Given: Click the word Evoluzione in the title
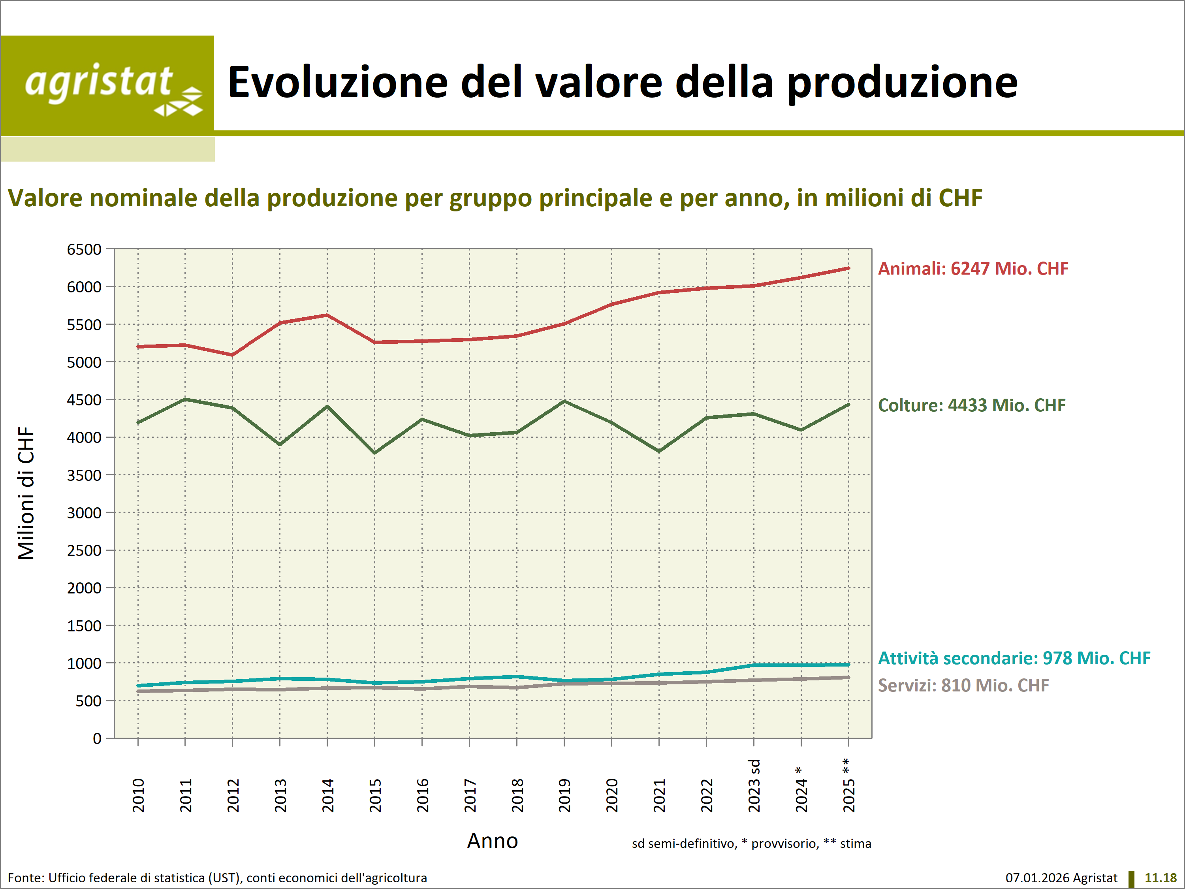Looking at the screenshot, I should point(337,83).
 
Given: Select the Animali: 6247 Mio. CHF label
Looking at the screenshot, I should point(973,268).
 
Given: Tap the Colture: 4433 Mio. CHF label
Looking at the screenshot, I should point(972,405).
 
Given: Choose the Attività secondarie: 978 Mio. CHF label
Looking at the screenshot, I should point(1014,658).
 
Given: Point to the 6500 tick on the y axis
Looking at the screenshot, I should point(84,250).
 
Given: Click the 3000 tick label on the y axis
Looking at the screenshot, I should point(84,513).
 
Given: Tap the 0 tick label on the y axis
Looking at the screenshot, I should point(97,739).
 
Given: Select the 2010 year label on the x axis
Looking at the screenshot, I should point(138,795).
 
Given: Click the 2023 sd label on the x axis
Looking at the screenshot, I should point(754,785).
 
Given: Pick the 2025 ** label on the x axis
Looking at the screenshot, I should point(848,785).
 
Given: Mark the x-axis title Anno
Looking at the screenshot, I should point(492,841).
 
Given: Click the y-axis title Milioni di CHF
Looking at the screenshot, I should point(26,493).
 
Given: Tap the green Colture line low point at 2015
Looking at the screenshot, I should point(374,453).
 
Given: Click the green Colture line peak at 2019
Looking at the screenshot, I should point(564,401).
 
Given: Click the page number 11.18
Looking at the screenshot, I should point(1161,878).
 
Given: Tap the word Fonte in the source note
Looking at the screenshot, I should point(25,878).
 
